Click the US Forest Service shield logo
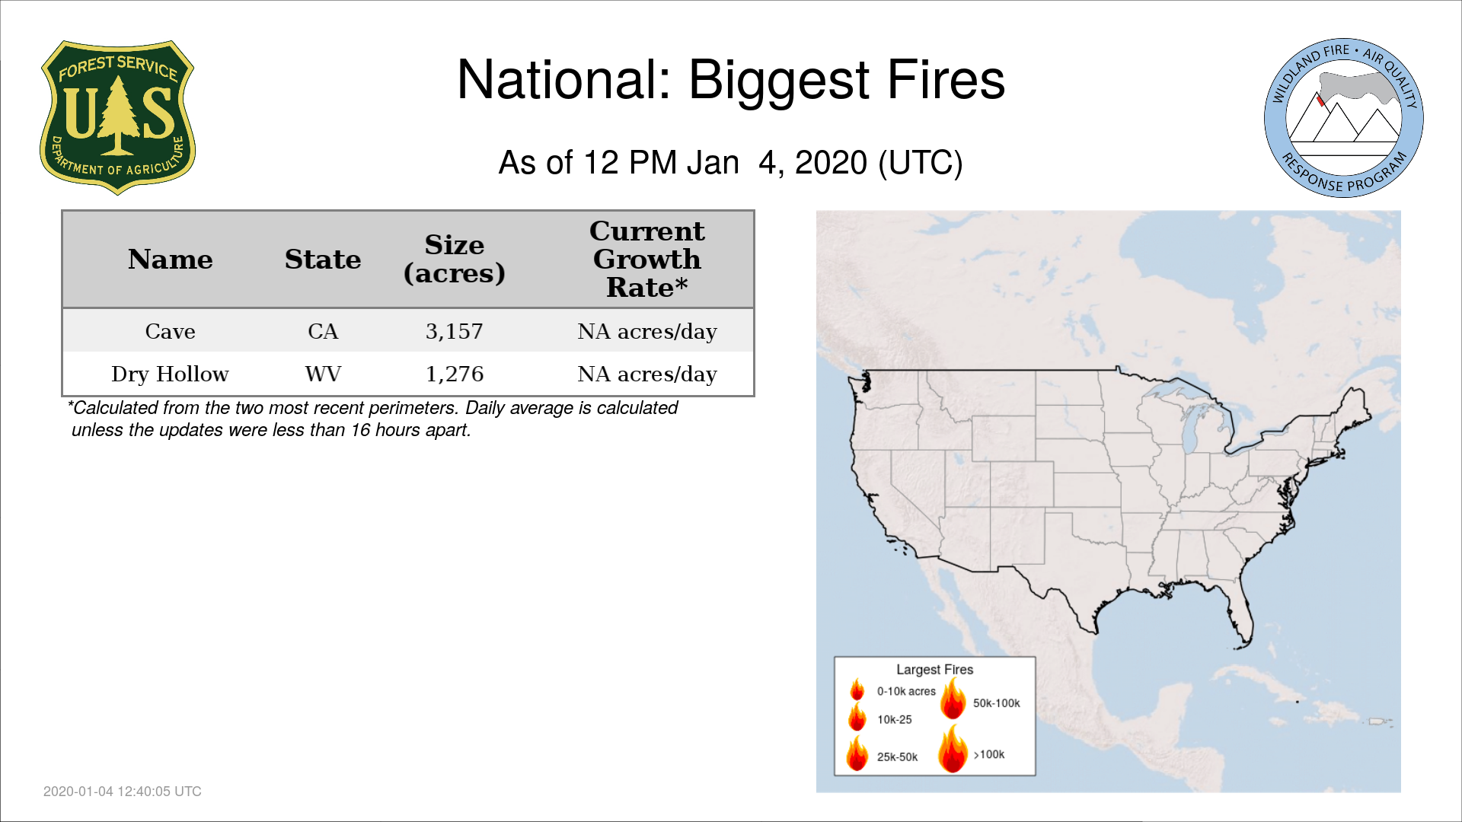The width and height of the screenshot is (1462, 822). point(117,118)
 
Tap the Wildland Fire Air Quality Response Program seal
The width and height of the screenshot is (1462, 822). point(1344,118)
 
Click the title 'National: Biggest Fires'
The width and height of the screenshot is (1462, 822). point(731,80)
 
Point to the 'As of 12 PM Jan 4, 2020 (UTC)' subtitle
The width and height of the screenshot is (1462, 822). point(731,163)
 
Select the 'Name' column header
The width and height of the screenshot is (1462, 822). point(170,260)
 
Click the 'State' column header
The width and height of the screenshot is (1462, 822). point(323,260)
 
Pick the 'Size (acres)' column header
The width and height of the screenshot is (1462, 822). point(455,259)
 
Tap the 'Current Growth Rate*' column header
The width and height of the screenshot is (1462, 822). point(647,259)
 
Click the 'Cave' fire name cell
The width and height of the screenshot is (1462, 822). point(170,331)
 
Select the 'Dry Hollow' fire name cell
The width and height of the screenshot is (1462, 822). point(170,374)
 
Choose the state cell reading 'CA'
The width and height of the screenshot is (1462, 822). point(323,331)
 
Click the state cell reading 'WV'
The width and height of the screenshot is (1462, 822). point(323,374)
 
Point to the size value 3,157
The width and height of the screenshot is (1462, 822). point(455,331)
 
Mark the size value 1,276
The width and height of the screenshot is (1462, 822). point(455,374)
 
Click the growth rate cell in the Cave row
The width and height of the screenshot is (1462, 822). point(647,331)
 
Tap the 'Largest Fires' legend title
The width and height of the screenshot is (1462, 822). point(934,670)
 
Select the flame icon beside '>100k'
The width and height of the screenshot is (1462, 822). point(953,748)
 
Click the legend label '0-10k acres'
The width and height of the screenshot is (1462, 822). point(906,692)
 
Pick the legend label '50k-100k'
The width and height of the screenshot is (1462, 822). point(996,703)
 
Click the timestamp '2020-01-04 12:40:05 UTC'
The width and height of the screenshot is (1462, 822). point(123,792)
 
